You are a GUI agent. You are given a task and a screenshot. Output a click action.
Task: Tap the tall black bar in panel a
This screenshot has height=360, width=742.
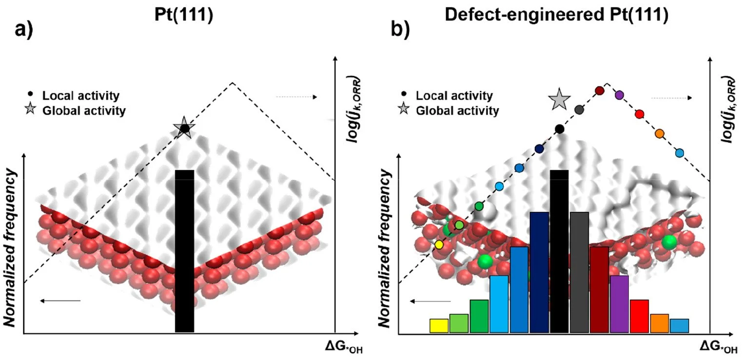pos(184,251)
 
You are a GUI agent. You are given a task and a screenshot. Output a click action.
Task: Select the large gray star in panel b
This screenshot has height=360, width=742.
pos(559,100)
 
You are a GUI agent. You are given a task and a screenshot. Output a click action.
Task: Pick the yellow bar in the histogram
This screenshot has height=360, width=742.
pos(439,325)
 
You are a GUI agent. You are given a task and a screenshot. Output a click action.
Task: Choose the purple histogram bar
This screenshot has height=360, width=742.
pos(619,303)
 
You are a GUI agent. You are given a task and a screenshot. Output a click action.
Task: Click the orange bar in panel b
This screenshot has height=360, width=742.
pos(659,323)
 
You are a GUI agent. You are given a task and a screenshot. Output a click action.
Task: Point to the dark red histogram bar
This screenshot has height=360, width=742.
pos(599,289)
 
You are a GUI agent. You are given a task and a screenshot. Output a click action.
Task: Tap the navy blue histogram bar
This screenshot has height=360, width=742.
pos(539,272)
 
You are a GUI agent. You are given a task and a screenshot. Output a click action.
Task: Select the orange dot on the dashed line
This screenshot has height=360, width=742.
pos(660,133)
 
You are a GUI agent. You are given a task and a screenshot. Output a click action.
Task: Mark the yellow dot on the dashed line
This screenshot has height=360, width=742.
pos(439,244)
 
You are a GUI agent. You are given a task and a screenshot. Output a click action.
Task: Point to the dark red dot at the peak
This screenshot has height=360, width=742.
pos(600,90)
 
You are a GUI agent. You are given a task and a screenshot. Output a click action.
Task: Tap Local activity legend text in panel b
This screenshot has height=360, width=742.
pos(454,96)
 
